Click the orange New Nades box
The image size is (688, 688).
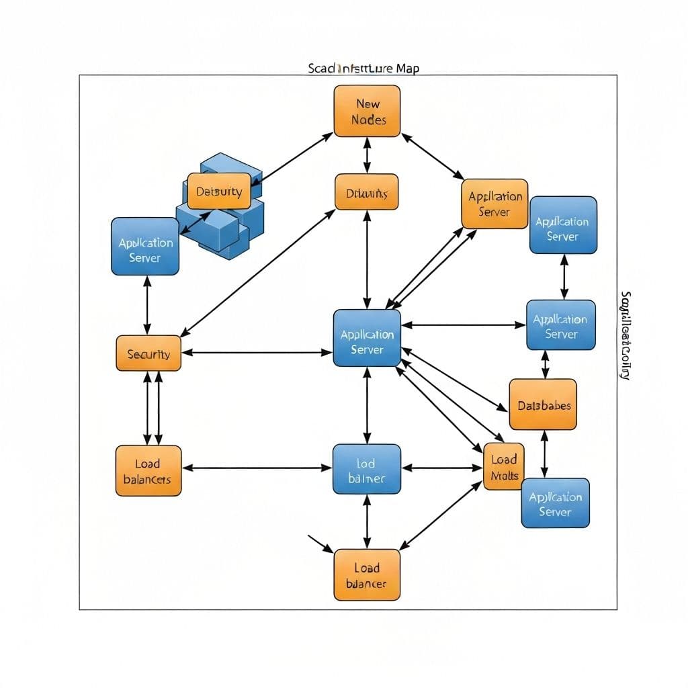click(367, 111)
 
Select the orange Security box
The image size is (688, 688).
click(148, 353)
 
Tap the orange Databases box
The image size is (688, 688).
click(543, 404)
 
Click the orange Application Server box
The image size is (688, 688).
click(494, 204)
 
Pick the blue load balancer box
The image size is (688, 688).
click(367, 469)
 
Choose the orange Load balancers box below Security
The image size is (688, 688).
click(148, 470)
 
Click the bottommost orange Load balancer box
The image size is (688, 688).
click(367, 574)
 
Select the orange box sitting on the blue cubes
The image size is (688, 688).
click(219, 191)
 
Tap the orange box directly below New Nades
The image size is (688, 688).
click(367, 192)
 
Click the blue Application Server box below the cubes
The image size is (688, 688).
click(145, 246)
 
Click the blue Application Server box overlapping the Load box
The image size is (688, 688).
click(556, 504)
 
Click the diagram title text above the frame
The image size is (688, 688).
click(363, 69)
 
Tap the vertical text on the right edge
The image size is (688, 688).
click(625, 336)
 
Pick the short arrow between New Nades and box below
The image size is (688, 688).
click(367, 155)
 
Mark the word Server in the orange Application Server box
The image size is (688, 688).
click(494, 212)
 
